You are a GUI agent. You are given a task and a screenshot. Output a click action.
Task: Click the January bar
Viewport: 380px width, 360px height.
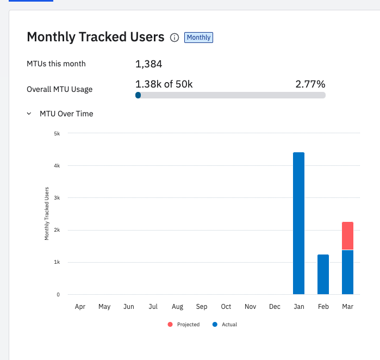(298, 223)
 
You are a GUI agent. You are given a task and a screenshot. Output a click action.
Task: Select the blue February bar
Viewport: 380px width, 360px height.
(323, 274)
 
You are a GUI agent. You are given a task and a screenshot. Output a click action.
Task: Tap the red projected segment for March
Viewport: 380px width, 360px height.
(347, 235)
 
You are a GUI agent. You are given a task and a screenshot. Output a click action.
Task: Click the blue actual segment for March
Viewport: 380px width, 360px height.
(347, 272)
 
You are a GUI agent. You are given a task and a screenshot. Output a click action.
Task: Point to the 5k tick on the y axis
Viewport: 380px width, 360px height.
(57, 133)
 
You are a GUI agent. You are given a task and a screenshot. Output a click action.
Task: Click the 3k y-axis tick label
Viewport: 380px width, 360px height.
(57, 198)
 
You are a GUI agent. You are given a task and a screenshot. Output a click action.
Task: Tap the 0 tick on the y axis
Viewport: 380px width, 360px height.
(58, 295)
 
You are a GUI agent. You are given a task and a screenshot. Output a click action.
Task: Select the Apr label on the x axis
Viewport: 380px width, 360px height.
(80, 307)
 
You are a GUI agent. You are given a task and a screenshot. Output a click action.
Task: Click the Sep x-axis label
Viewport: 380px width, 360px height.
(202, 307)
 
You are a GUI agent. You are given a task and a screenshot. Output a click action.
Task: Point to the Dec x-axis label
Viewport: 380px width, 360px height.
(275, 307)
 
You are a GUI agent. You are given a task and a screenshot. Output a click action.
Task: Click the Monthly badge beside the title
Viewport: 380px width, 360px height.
(198, 38)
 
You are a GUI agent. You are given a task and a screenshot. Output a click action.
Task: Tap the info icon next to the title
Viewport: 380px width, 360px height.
(175, 38)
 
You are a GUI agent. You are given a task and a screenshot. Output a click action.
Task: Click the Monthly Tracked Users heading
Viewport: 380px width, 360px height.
(95, 37)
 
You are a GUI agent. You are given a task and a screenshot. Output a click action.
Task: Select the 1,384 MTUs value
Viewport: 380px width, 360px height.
(149, 64)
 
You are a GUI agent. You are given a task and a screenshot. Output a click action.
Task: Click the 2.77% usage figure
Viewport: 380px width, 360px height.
(310, 84)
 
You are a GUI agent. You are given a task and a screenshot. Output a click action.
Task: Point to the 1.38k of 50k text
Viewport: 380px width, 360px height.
(164, 84)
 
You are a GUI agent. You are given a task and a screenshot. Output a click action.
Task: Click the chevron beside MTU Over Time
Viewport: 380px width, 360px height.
(29, 114)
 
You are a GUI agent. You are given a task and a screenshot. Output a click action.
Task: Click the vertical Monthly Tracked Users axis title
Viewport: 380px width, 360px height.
(47, 214)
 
